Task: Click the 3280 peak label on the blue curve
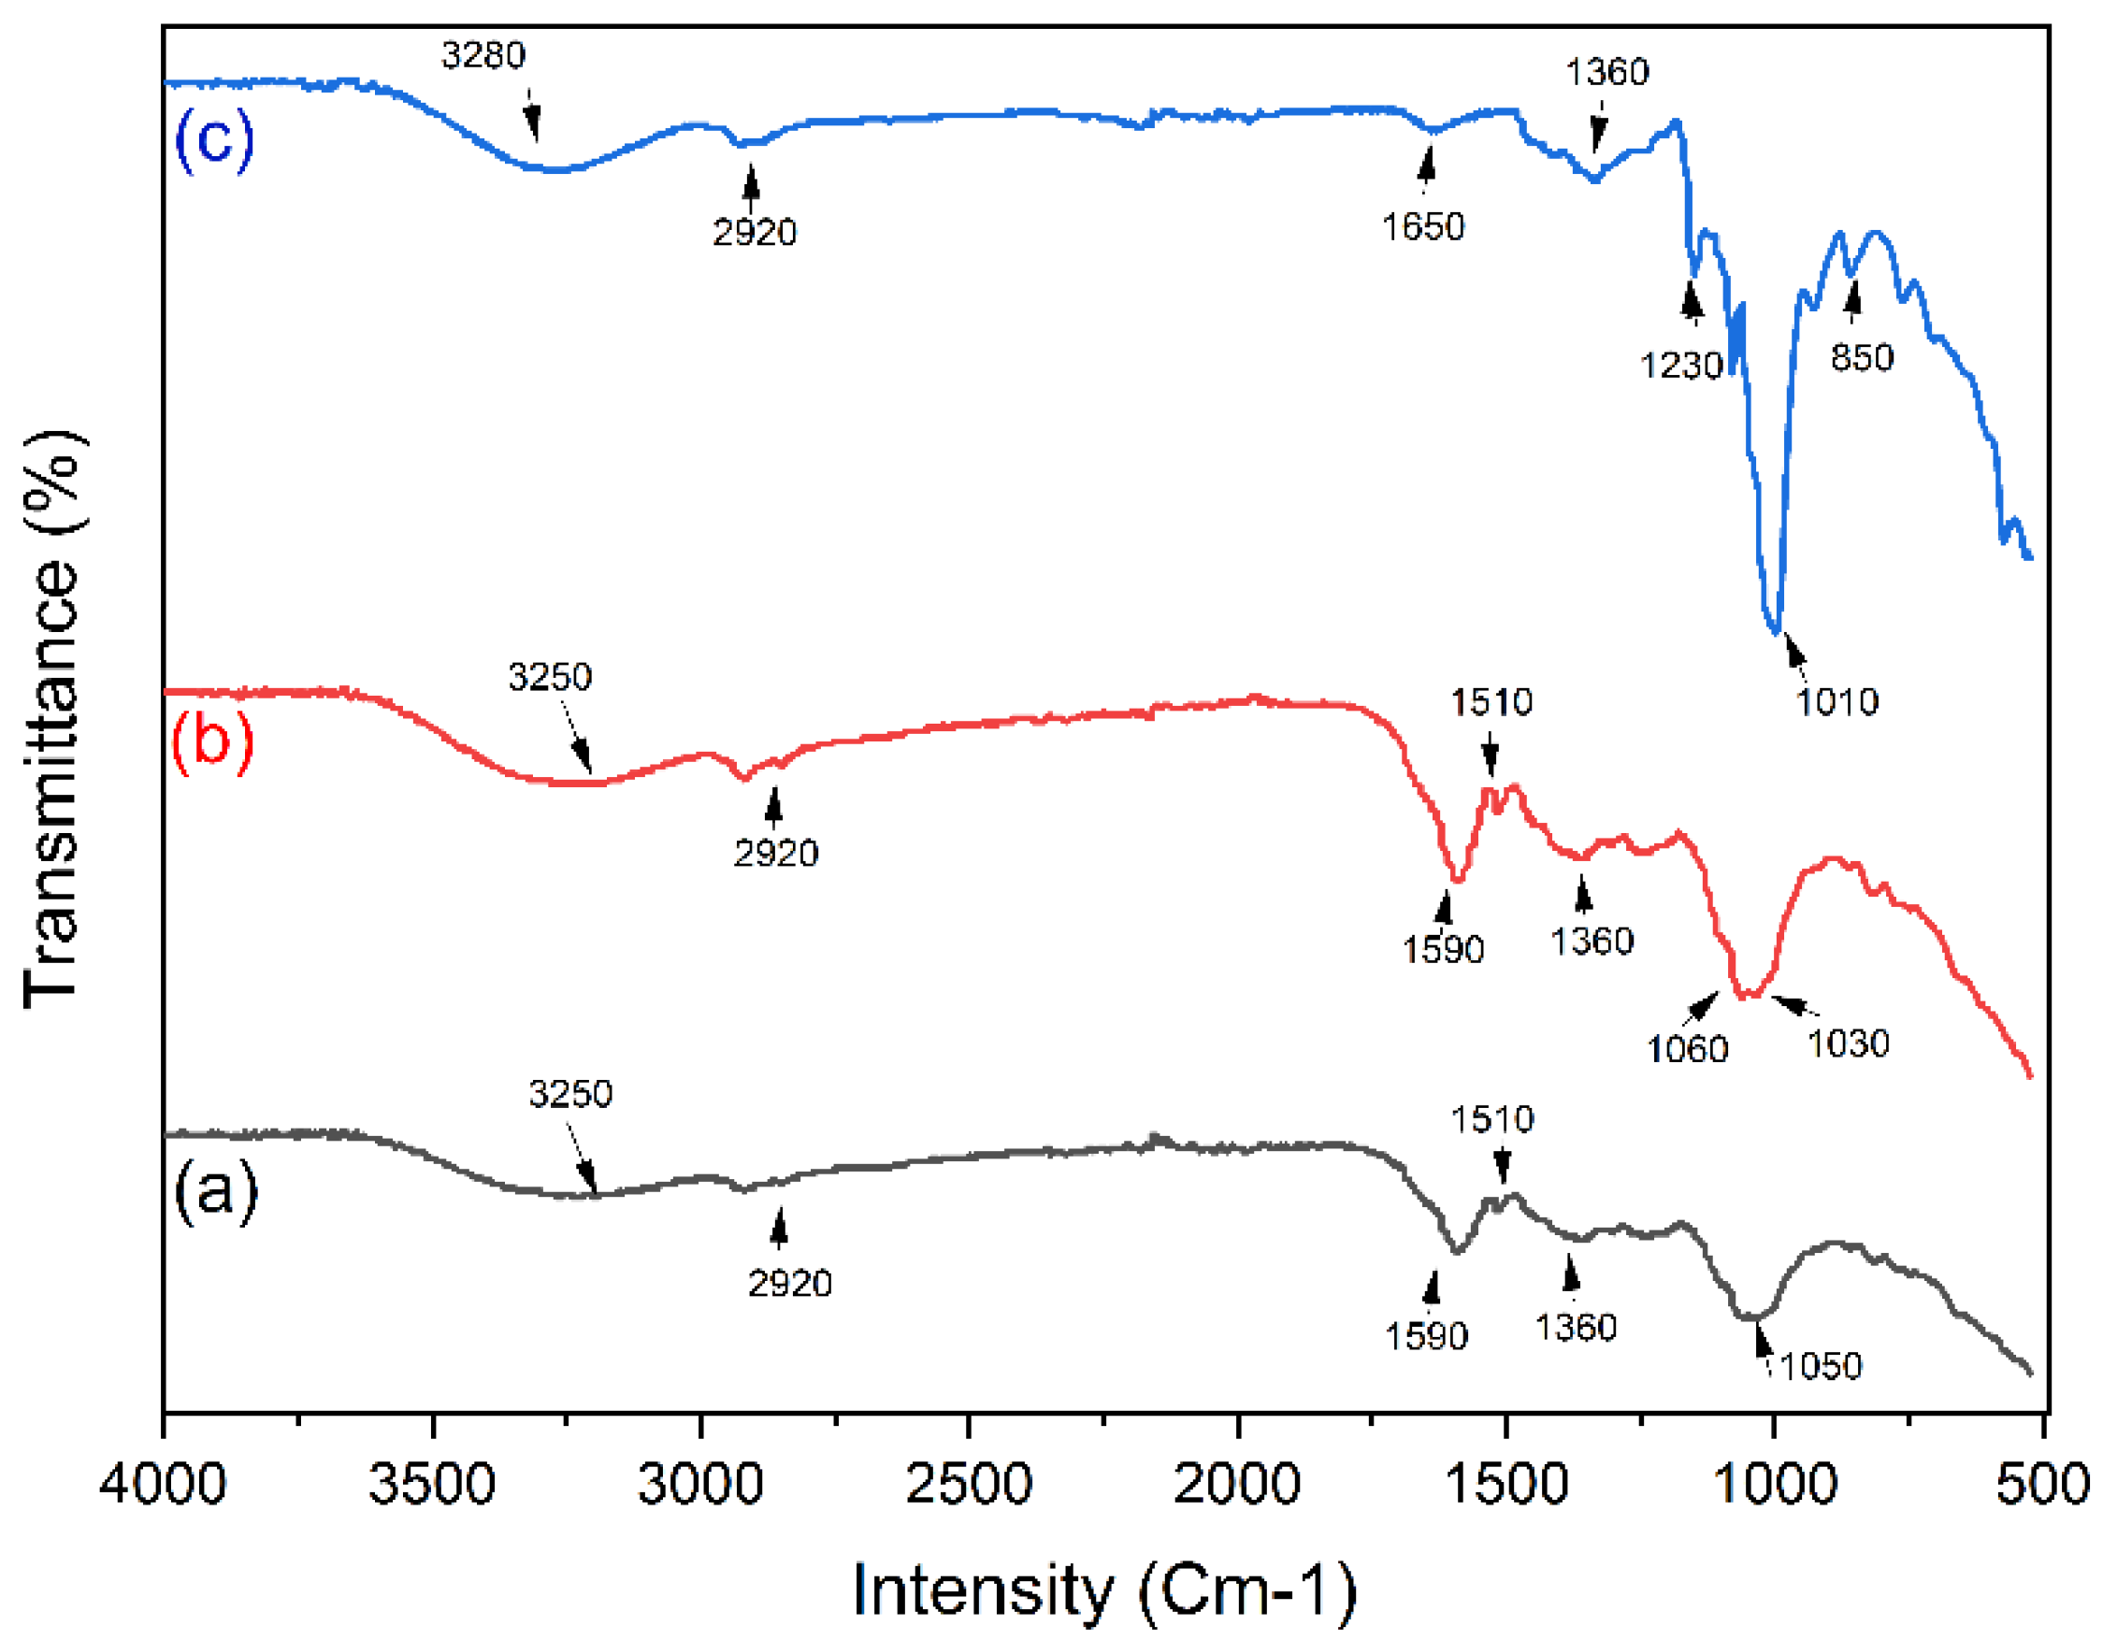pyautogui.click(x=483, y=56)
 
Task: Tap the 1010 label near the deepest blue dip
pyautogui.click(x=1837, y=702)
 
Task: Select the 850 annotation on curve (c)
pyautogui.click(x=1862, y=357)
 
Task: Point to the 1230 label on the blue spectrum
pyautogui.click(x=1681, y=365)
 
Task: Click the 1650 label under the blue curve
pyautogui.click(x=1423, y=227)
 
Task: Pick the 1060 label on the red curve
pyautogui.click(x=1687, y=1049)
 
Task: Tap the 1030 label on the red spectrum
pyautogui.click(x=1848, y=1043)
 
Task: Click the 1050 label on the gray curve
pyautogui.click(x=1820, y=1365)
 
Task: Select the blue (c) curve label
pyautogui.click(x=214, y=139)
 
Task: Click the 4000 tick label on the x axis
pyautogui.click(x=164, y=1483)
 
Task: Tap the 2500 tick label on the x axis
pyautogui.click(x=969, y=1483)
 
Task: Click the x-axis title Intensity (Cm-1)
pyautogui.click(x=1104, y=1590)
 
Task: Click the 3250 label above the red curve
pyautogui.click(x=550, y=678)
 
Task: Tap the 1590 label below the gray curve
pyautogui.click(x=1426, y=1336)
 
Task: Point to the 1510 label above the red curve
pyautogui.click(x=1491, y=702)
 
